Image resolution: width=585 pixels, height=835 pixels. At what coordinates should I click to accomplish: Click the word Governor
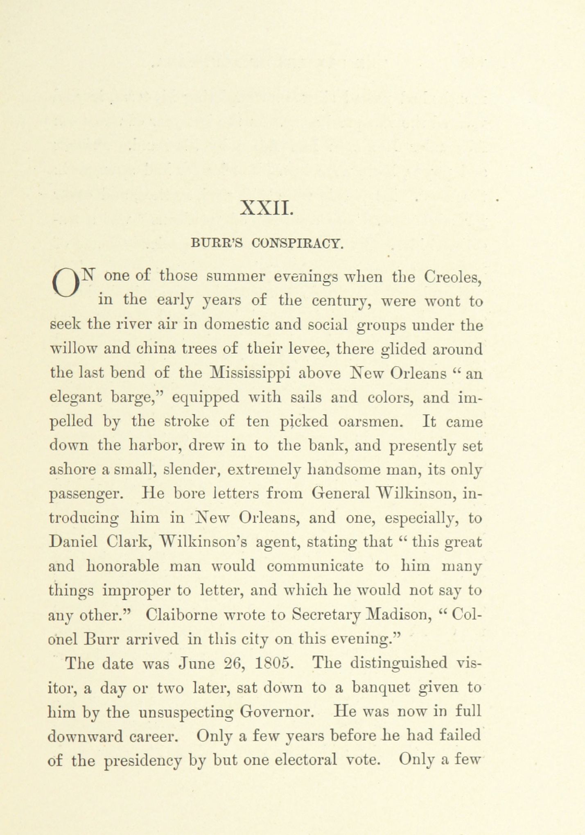point(277,712)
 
